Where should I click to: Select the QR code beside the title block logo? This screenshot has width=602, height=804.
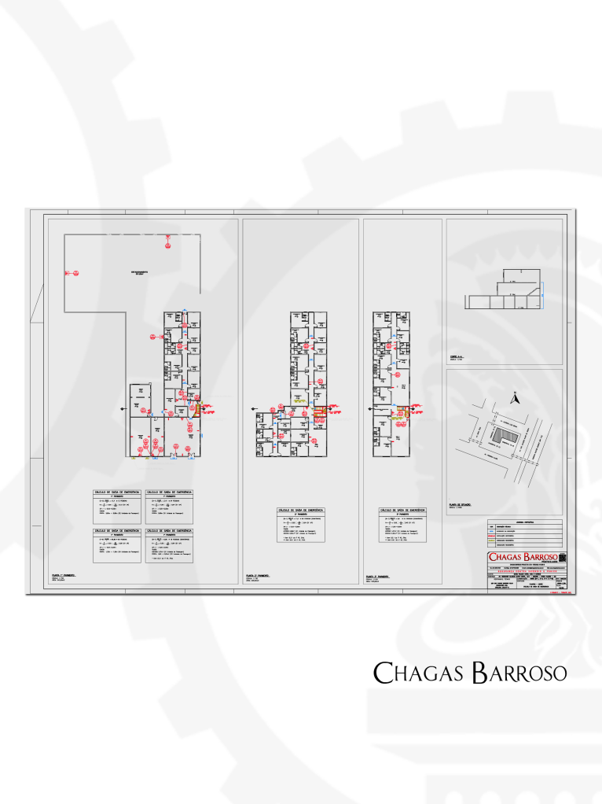(x=561, y=558)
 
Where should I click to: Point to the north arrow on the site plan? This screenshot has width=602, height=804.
(x=515, y=399)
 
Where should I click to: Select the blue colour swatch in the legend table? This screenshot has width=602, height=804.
(x=492, y=532)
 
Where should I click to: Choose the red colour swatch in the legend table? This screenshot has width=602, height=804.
(x=492, y=537)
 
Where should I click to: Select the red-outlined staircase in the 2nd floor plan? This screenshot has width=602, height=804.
(x=319, y=411)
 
